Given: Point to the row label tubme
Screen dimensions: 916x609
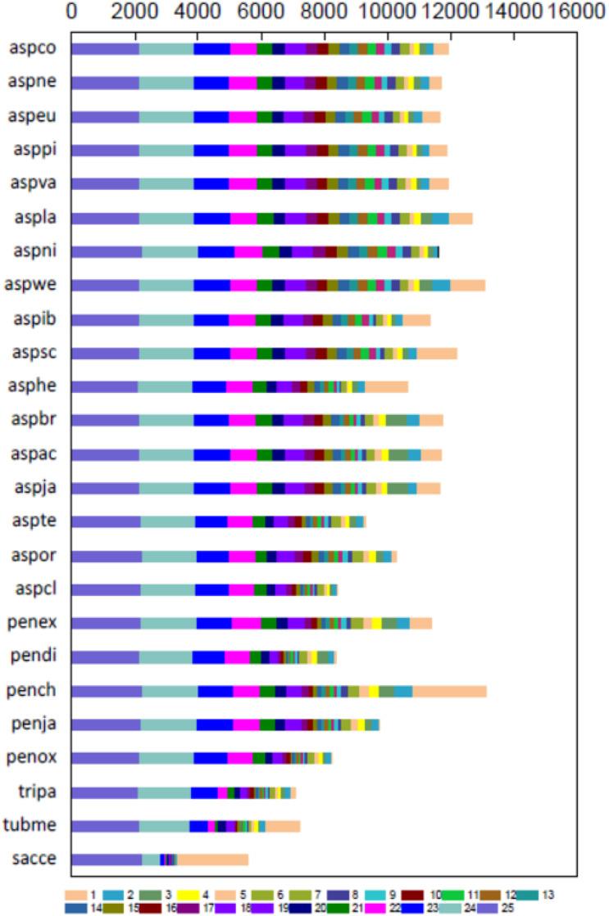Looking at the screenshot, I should [x=32, y=825].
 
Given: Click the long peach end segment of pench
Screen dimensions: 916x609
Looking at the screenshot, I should [x=449, y=691].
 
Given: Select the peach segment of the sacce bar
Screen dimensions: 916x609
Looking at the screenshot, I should [x=213, y=859].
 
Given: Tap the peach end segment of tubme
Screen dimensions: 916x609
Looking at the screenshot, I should [x=283, y=825].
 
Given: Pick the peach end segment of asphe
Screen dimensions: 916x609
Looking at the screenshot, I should [x=386, y=386].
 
